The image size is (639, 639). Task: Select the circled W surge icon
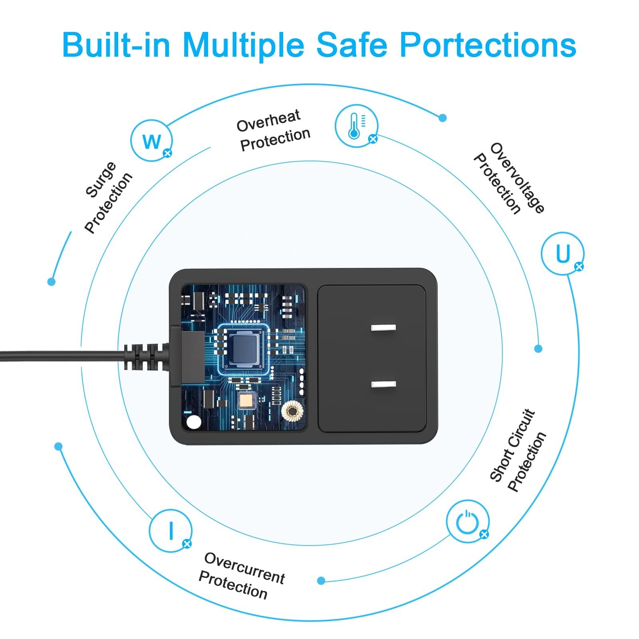(151, 141)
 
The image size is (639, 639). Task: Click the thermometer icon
(356, 125)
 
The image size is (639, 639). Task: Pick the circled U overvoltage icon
(563, 253)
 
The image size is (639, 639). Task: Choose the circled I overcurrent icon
(171, 530)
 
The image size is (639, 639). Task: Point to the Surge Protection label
(108, 197)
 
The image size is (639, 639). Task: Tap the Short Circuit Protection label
(518, 450)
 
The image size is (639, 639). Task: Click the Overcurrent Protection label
(242, 576)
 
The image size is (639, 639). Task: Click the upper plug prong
(383, 328)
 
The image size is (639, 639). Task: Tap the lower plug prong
(383, 385)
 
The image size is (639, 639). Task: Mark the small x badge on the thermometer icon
(373, 139)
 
